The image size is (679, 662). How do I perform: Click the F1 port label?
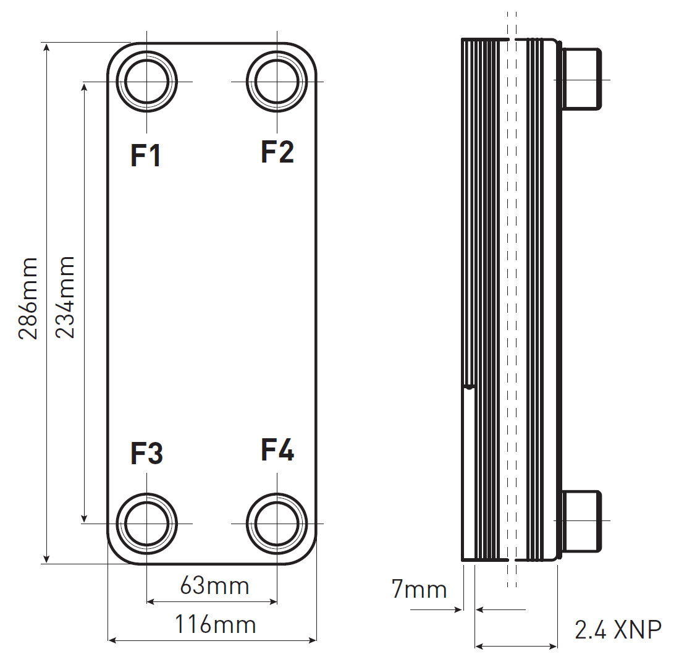click(x=146, y=156)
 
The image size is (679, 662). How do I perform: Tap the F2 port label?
click(x=277, y=151)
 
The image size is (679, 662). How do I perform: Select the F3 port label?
click(x=146, y=454)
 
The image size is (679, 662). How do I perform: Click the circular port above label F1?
click(x=147, y=81)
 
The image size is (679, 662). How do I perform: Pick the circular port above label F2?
click(x=277, y=81)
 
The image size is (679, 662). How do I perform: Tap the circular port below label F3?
click(x=147, y=523)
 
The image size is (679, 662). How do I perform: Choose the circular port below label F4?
click(x=277, y=523)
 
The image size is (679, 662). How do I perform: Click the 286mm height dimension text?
click(x=28, y=299)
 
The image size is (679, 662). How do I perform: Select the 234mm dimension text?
click(x=65, y=297)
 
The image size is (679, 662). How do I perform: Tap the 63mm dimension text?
click(x=214, y=585)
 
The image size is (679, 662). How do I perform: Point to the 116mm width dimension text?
click(x=214, y=624)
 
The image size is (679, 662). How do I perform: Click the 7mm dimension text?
click(x=419, y=589)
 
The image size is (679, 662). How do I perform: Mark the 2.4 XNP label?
click(x=617, y=630)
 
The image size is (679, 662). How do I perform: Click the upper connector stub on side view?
click(x=581, y=79)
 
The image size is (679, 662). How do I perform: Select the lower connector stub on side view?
click(x=581, y=521)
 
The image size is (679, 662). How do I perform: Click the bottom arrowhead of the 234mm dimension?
click(x=85, y=518)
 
